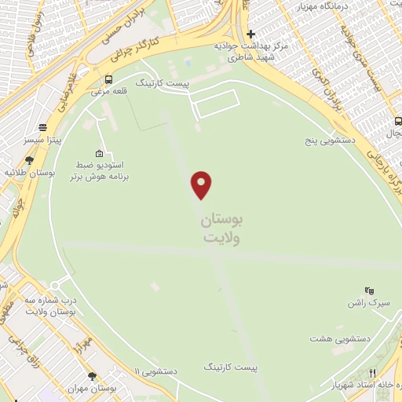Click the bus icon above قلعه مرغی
[108, 79]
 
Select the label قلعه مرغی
[108, 91]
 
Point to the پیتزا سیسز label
[42, 139]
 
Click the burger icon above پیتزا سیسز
[41, 127]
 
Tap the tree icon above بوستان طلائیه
[29, 160]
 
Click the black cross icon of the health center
[250, 34]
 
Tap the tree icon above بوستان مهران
[92, 377]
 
